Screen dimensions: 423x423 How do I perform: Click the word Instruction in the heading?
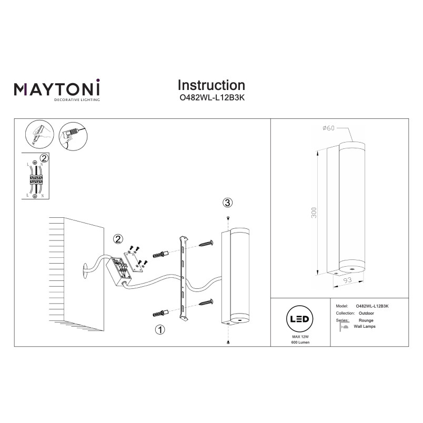click(x=211, y=85)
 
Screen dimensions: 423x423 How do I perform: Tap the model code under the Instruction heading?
click(x=212, y=98)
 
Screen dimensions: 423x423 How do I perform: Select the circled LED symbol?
click(x=299, y=319)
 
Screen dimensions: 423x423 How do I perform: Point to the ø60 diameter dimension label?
click(x=328, y=128)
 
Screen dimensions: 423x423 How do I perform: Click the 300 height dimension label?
click(x=314, y=213)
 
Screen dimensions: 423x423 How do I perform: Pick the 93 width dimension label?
click(x=347, y=280)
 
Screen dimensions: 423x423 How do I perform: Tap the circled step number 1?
click(x=160, y=330)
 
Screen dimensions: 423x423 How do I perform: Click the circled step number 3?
click(x=227, y=203)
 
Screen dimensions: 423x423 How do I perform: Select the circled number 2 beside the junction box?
click(x=118, y=239)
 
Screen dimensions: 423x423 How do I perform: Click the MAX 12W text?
click(x=300, y=337)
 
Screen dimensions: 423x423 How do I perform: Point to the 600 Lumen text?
click(x=300, y=343)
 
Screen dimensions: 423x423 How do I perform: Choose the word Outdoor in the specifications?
click(x=366, y=313)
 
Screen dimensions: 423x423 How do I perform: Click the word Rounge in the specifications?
click(x=366, y=320)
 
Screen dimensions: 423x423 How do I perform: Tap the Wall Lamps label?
click(x=365, y=326)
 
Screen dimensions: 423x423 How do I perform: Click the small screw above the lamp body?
click(x=228, y=218)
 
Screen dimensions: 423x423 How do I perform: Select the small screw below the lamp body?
click(x=228, y=342)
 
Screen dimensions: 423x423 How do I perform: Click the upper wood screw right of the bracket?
click(x=206, y=244)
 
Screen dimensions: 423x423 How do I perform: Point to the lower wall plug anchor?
click(x=160, y=313)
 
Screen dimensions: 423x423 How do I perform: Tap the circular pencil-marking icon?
click(x=39, y=134)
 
